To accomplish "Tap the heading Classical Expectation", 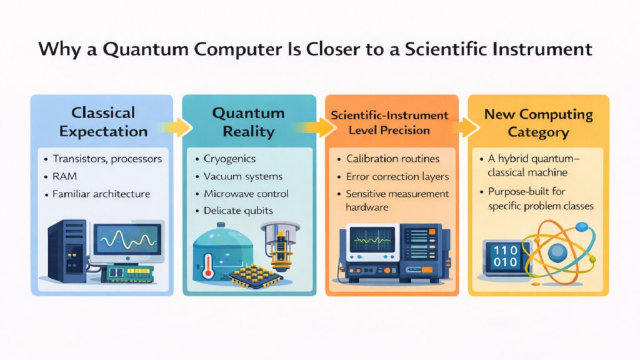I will point(102,122).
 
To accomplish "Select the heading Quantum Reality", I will point(249,122).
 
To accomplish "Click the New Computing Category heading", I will point(538,123).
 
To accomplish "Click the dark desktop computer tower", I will point(66,250).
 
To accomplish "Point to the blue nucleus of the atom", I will point(558,252).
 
